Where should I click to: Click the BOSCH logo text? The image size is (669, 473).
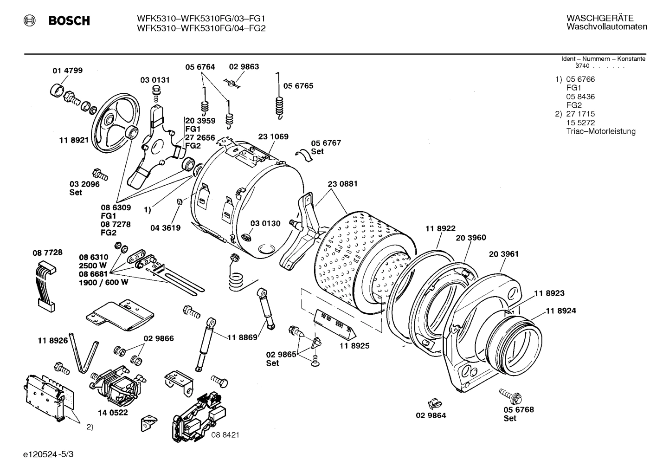click(x=69, y=21)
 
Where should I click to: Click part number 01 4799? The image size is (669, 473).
click(x=67, y=71)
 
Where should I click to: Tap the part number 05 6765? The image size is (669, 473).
click(x=298, y=86)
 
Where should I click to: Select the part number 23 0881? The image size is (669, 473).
click(x=342, y=184)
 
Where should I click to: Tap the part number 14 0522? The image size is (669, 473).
click(x=113, y=412)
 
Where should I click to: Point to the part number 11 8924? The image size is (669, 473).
click(x=560, y=311)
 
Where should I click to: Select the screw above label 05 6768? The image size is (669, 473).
click(x=510, y=395)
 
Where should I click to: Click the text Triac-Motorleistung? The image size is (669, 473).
click(x=601, y=131)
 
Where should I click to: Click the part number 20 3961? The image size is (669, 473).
click(x=503, y=254)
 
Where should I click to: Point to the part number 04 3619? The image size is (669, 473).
click(x=165, y=228)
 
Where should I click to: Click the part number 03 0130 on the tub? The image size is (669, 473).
click(x=265, y=223)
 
